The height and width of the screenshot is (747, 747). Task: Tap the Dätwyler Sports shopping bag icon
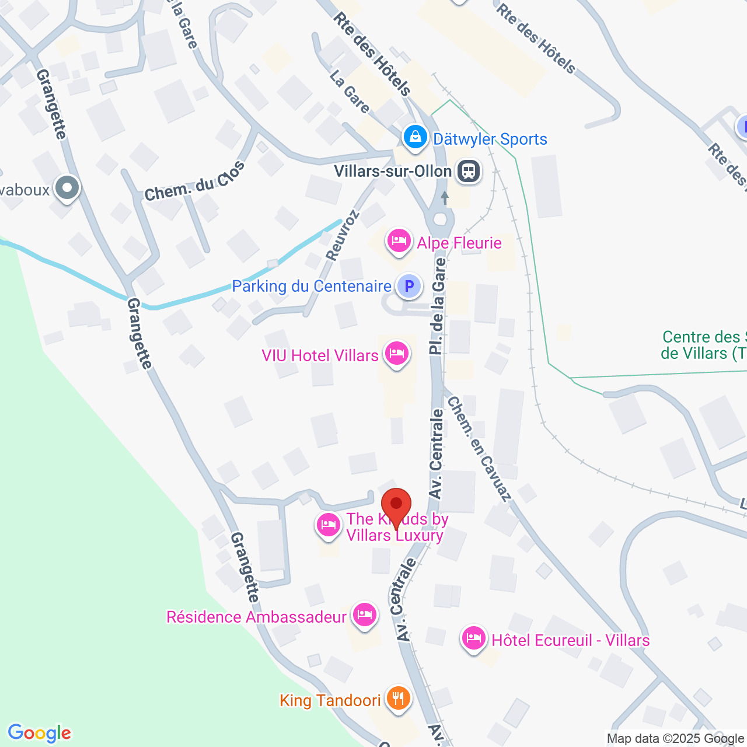pyautogui.click(x=415, y=138)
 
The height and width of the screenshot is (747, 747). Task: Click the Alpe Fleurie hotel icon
pyautogui.click(x=399, y=241)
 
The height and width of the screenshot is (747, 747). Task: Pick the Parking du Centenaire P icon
pyautogui.click(x=409, y=286)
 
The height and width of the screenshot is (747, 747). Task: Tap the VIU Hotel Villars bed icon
pyautogui.click(x=397, y=354)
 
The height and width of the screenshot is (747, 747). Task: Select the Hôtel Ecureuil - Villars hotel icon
pyautogui.click(x=473, y=638)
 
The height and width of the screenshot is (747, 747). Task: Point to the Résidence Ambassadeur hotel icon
pyautogui.click(x=365, y=615)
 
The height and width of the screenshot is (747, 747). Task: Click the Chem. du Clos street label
pyautogui.click(x=194, y=182)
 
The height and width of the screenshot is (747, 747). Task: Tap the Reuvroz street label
pyautogui.click(x=343, y=235)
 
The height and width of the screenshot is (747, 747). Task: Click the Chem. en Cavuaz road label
pyautogui.click(x=479, y=449)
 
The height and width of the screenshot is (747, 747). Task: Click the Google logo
pyautogui.click(x=40, y=733)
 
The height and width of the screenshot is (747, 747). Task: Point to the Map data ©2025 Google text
pyautogui.click(x=675, y=738)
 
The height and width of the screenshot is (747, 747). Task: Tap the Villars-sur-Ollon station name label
pyautogui.click(x=393, y=172)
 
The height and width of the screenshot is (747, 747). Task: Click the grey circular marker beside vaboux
pyautogui.click(x=67, y=188)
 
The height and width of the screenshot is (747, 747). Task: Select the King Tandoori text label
pyautogui.click(x=330, y=700)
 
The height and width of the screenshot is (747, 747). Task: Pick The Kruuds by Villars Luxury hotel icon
pyautogui.click(x=329, y=525)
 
